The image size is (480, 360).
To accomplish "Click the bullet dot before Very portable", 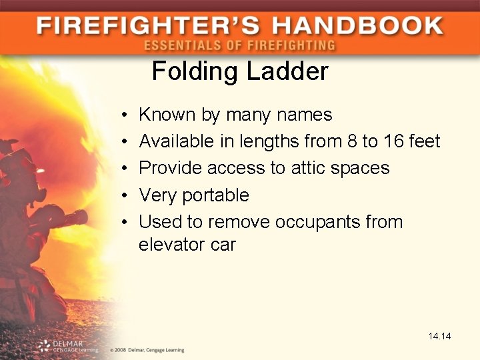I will pyautogui.click(x=125, y=196).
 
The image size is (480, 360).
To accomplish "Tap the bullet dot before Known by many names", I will pyautogui.click(x=125, y=115).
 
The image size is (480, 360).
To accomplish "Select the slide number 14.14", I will pyautogui.click(x=440, y=337).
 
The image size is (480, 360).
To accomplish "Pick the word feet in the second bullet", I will pyautogui.click(x=425, y=141).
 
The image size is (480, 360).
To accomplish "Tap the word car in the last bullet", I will pyautogui.click(x=223, y=245).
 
